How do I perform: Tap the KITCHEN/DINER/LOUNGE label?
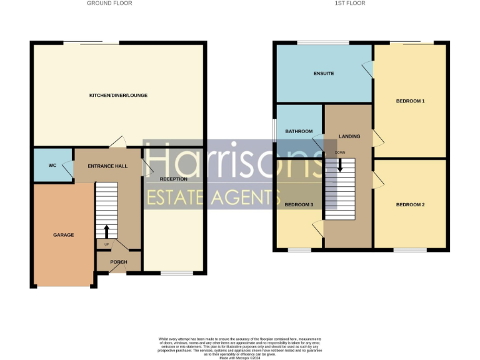click(118, 95)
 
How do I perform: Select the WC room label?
click(52, 166)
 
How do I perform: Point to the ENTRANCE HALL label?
click(109, 166)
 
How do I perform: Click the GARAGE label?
click(63, 235)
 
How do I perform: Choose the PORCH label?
click(118, 262)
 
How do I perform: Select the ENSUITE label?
click(323, 74)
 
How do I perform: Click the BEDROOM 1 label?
click(410, 101)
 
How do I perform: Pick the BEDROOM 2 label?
click(410, 205)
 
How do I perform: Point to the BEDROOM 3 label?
click(299, 205)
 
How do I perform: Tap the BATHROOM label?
click(298, 132)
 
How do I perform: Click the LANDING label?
click(349, 136)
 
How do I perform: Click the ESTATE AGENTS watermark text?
click(212, 197)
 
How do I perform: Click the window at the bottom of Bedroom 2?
click(410, 250)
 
